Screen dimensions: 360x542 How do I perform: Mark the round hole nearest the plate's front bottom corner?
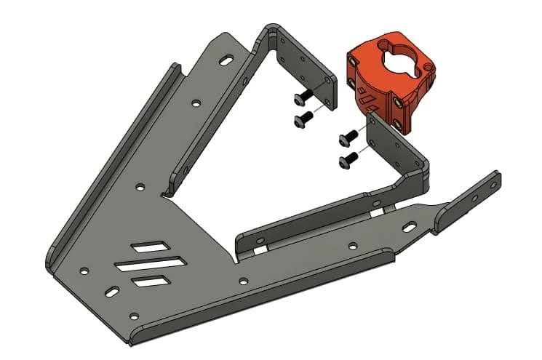pyautogui.click(x=133, y=316)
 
